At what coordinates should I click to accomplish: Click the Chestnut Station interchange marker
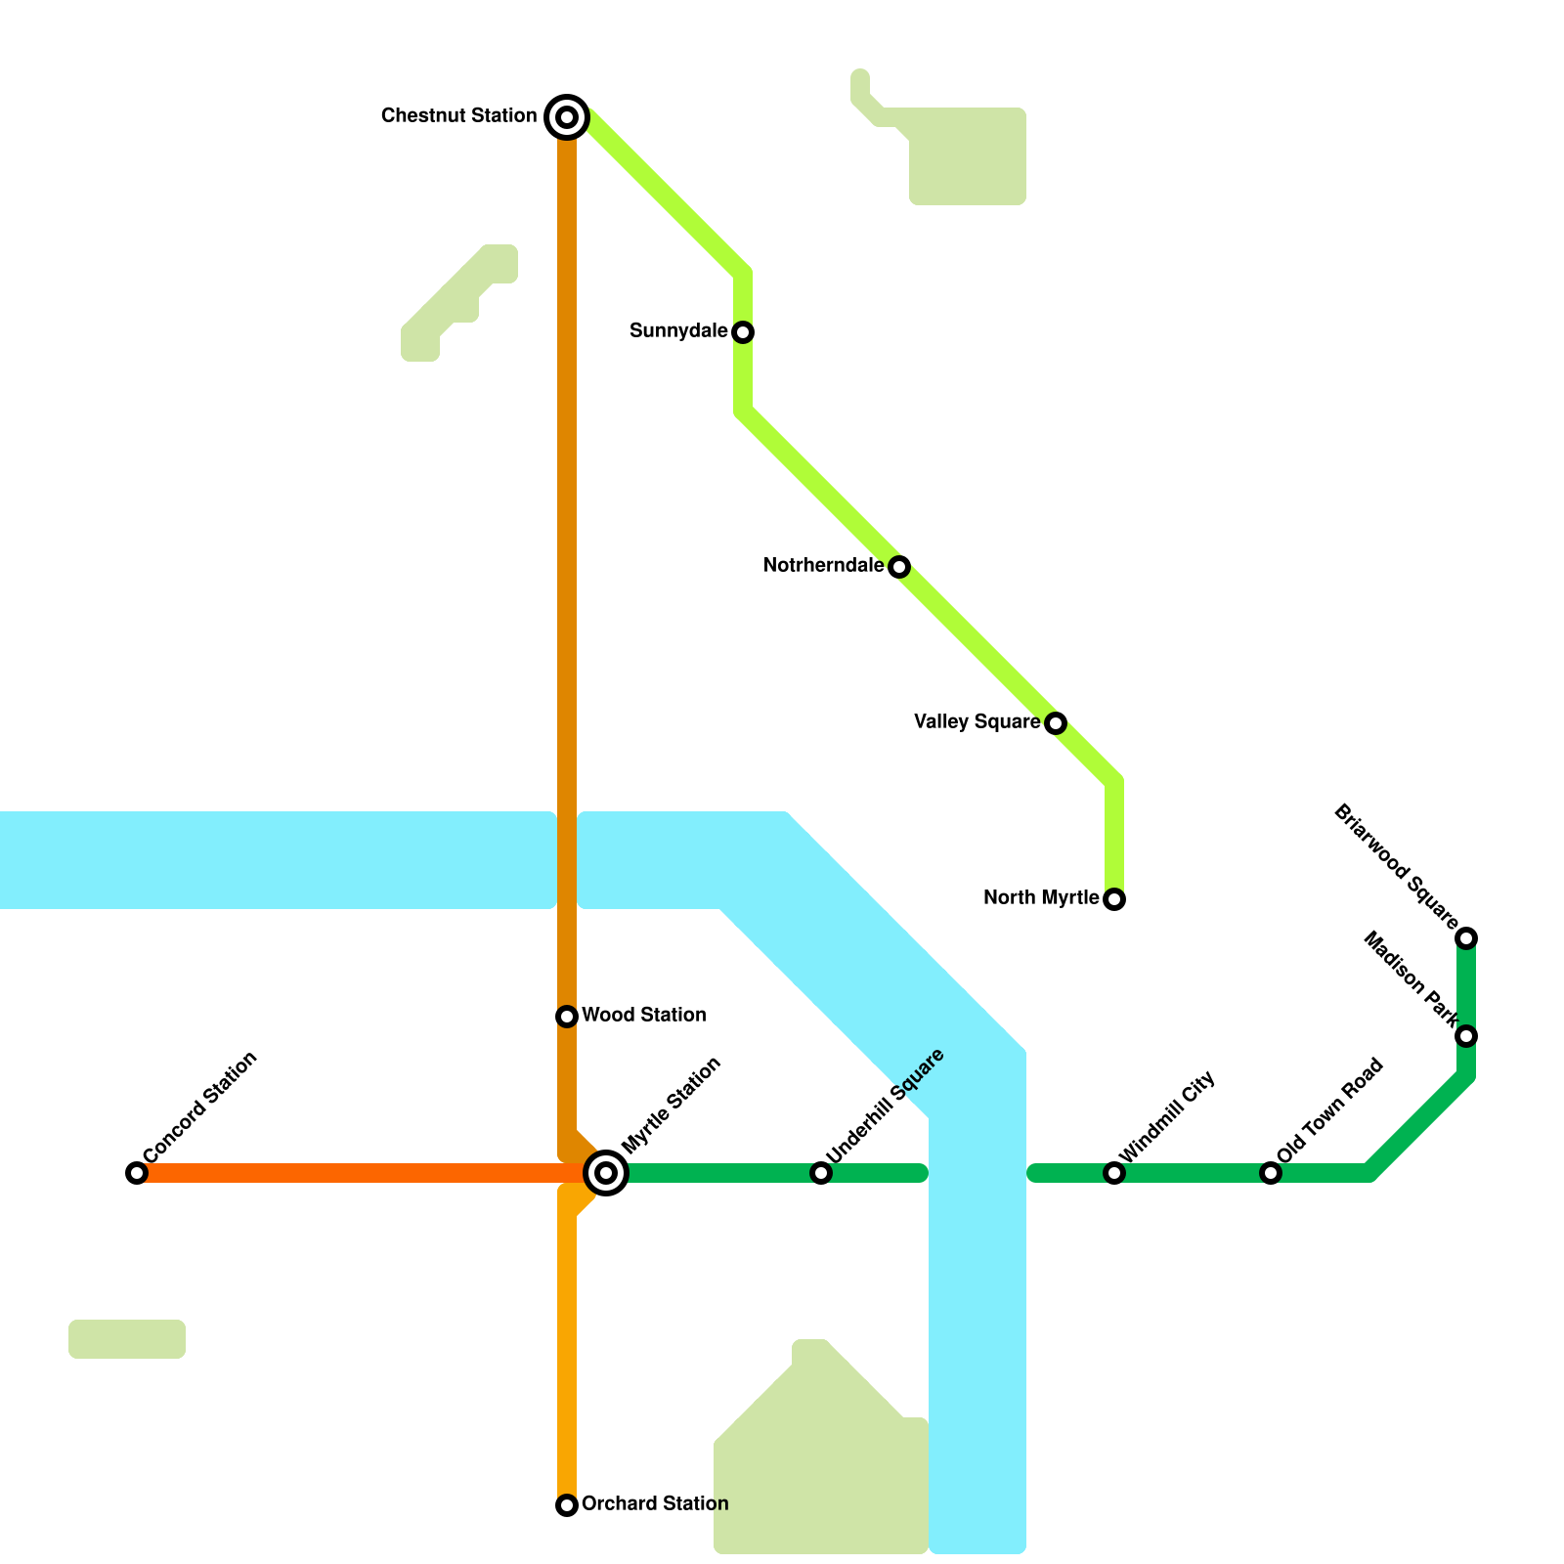coord(567,117)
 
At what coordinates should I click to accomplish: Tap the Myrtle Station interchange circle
coord(606,1172)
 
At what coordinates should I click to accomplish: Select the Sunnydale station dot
coord(743,332)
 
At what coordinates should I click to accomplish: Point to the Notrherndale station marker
coord(899,567)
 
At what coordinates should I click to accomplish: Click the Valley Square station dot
coord(1056,723)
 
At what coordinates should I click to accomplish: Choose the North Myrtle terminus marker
coord(1114,899)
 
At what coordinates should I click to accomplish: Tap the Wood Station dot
coord(567,1017)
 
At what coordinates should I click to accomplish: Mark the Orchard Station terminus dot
coord(567,1505)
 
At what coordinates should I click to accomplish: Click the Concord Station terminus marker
coord(137,1173)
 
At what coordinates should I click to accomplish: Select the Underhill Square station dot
coord(821,1173)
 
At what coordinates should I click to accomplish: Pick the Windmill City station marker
coord(1114,1173)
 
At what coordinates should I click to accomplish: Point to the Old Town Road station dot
coord(1271,1173)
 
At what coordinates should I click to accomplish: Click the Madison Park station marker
coord(1466,1036)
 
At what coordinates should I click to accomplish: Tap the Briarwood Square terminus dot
coord(1466,938)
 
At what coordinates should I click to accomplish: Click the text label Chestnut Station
coord(458,116)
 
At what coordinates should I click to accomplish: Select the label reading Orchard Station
coord(654,1503)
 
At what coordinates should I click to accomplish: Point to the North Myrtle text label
coord(1041,898)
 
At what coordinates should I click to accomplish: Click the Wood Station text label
coord(643,1016)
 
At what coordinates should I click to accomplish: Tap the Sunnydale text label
coord(678,331)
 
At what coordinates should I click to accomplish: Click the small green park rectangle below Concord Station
coord(127,1339)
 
